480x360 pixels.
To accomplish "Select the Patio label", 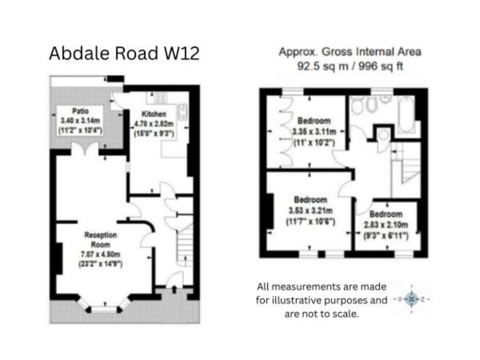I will point(79,111).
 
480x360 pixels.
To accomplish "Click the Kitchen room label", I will point(153,114).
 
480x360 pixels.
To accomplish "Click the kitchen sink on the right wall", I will point(182,112).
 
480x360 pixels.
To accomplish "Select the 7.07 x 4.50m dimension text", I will point(102,254).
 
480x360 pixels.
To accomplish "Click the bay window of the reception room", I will point(104,307).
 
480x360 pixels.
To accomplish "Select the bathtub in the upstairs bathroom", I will point(406,114).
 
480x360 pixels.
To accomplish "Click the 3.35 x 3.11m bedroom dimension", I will point(314,132).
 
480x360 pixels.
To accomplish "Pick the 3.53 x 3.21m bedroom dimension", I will point(311,210).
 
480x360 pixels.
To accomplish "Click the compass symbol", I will point(412,300).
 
